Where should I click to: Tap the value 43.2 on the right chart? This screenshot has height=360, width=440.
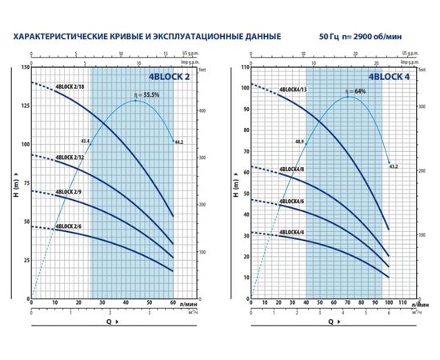(394, 166)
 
